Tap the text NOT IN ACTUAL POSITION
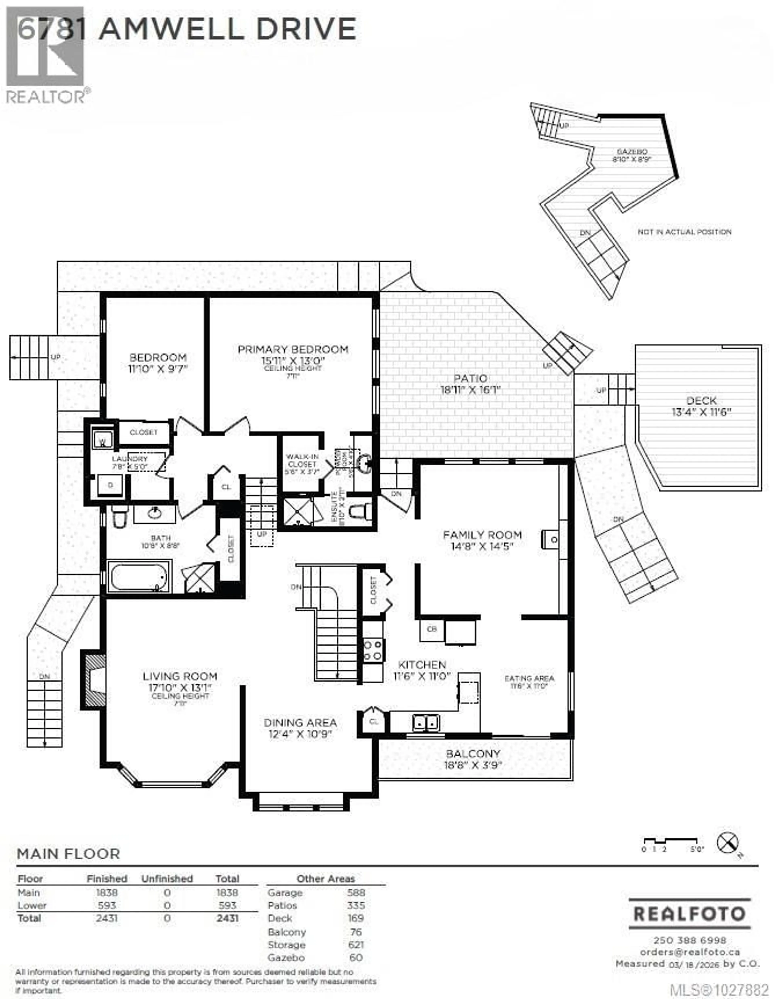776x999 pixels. click(684, 232)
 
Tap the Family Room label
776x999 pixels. click(482, 535)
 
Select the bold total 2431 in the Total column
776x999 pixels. click(227, 918)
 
